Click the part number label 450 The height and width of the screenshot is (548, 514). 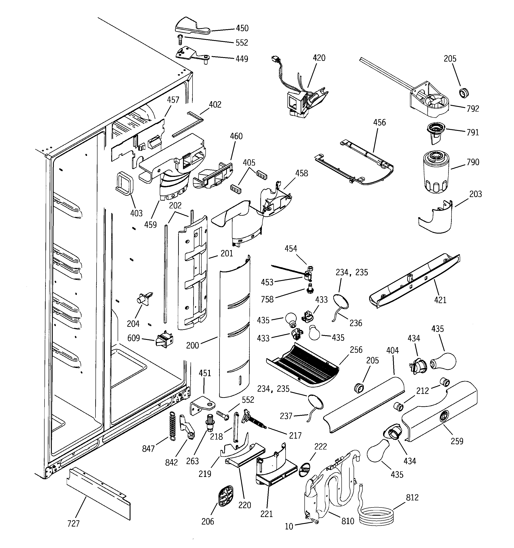242,28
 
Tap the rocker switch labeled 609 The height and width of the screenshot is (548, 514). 165,339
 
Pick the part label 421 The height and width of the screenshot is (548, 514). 440,300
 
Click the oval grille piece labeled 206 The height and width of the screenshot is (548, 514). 226,496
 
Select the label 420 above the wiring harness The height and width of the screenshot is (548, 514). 319,58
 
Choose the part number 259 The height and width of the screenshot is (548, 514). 457,441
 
